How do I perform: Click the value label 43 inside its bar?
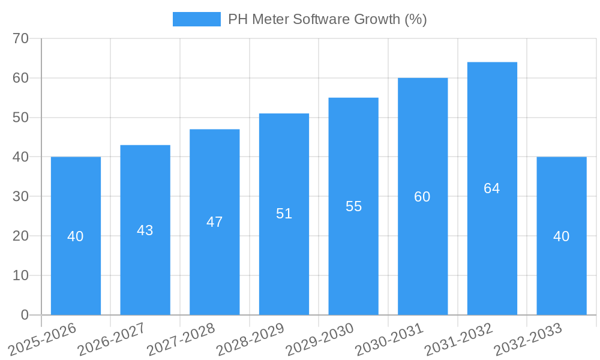[x=145, y=230]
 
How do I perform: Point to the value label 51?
[x=284, y=214]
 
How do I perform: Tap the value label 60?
[x=422, y=197]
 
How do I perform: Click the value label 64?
[x=492, y=188]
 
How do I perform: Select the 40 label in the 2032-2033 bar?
[x=562, y=236]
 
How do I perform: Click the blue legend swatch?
[x=196, y=19]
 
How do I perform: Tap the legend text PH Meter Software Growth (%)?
[x=327, y=19]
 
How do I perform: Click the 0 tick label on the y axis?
[x=25, y=315]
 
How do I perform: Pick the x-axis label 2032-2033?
[x=527, y=340]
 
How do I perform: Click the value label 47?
[x=214, y=222]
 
